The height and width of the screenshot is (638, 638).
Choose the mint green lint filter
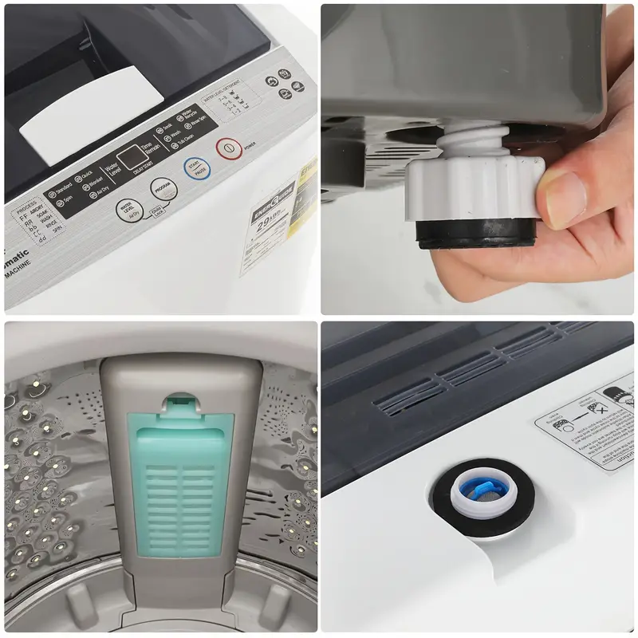178,486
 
